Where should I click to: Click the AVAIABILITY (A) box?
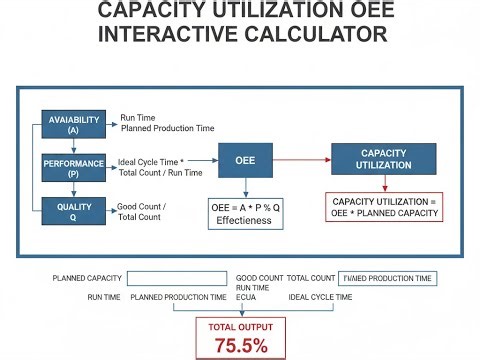point(74,125)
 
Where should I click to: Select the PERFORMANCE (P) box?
point(74,166)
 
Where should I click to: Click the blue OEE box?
point(245,160)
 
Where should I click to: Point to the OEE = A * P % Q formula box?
point(245,213)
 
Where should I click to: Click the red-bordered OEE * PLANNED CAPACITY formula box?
point(384,208)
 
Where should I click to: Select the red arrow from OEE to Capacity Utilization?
point(301,160)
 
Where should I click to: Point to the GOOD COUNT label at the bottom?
point(259,279)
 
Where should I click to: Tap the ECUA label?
point(247,297)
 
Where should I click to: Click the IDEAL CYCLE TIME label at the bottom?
point(320,297)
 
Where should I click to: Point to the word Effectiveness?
point(244,220)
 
